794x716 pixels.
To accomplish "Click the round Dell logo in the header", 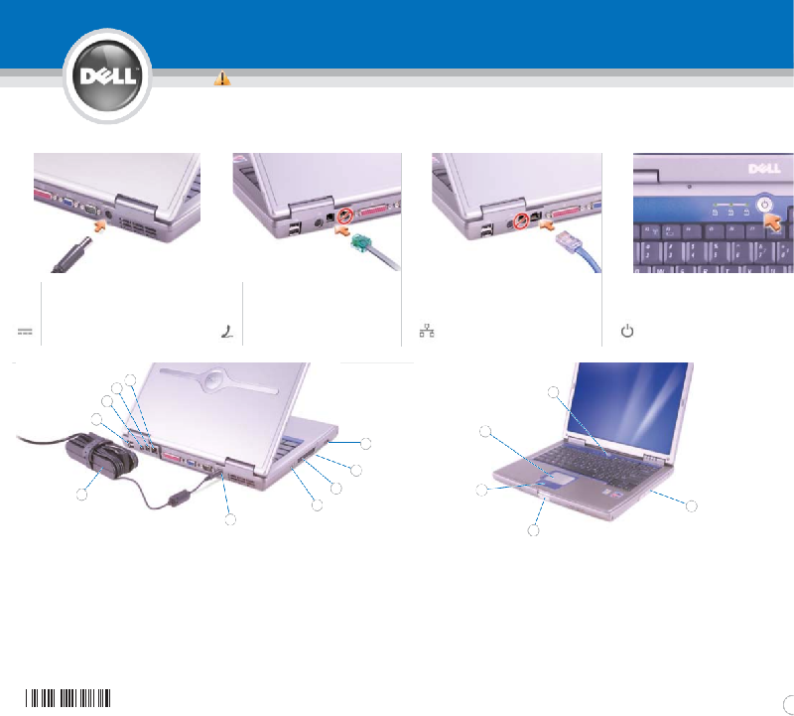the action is (x=107, y=76).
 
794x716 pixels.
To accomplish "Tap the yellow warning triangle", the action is (x=222, y=78).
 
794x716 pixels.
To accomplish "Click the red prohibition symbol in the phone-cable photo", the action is (x=345, y=215).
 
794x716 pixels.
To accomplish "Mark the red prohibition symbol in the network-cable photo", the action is (x=521, y=221).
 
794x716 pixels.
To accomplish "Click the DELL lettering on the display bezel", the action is (x=764, y=168).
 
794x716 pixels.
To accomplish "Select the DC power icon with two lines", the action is (x=25, y=332).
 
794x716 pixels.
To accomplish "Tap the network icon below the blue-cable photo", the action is (x=427, y=331).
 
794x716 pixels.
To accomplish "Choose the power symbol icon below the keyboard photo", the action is (x=627, y=331).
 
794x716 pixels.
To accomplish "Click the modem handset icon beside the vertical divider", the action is (x=227, y=332).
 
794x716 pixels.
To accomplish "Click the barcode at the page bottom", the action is (x=67, y=698).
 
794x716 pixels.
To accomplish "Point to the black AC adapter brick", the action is (x=101, y=459).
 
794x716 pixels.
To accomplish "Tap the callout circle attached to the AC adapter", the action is (x=81, y=495).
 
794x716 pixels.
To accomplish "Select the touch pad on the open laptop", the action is (x=560, y=478).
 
